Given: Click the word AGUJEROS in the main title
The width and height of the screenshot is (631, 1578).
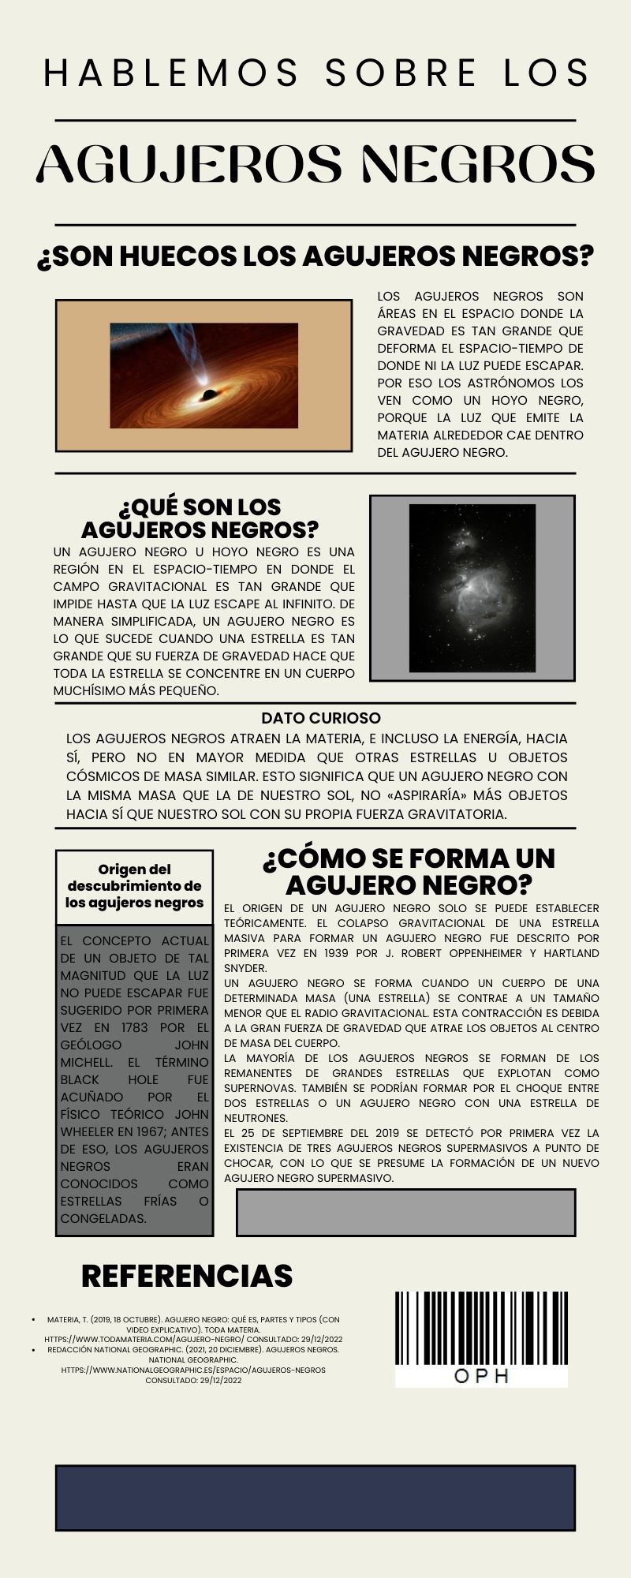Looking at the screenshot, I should (x=189, y=164).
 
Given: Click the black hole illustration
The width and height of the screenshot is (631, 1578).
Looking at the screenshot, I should (x=203, y=376).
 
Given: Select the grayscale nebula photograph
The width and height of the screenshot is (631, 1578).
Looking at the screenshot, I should (x=472, y=589).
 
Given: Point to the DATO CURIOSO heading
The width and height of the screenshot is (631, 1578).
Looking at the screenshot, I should (x=320, y=718).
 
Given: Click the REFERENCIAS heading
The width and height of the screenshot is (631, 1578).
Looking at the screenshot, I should (x=187, y=1276).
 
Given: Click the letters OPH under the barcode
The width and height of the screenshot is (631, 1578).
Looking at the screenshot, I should (x=481, y=1377).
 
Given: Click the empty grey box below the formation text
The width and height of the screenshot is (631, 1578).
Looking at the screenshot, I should (x=405, y=1213).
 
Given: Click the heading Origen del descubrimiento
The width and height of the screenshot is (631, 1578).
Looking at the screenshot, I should (x=134, y=886).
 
